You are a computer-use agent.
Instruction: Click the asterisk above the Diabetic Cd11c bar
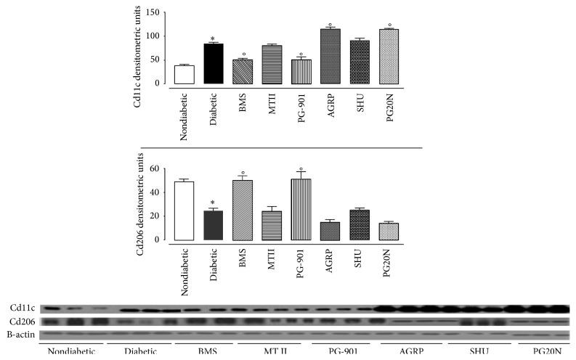[x=215, y=38]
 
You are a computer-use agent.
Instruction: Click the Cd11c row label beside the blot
[x=14, y=308]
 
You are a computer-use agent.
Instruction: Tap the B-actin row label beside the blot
[x=15, y=333]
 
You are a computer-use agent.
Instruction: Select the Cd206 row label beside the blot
[x=14, y=321]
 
